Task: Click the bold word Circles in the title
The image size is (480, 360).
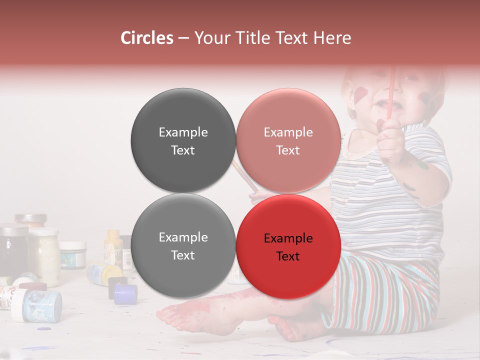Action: [x=147, y=38]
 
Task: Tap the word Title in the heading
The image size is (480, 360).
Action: [x=248, y=38]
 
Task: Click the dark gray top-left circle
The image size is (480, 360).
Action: [x=183, y=140]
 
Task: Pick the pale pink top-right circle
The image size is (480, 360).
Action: [x=288, y=140]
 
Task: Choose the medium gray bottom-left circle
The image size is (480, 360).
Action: [x=183, y=245]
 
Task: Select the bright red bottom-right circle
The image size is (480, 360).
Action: [x=288, y=246]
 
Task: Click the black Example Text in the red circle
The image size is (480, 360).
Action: [x=288, y=247]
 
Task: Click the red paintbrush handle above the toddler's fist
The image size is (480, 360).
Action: [x=391, y=90]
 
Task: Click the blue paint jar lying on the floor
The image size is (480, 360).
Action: [x=125, y=294]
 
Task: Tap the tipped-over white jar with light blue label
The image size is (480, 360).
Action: [x=37, y=305]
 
